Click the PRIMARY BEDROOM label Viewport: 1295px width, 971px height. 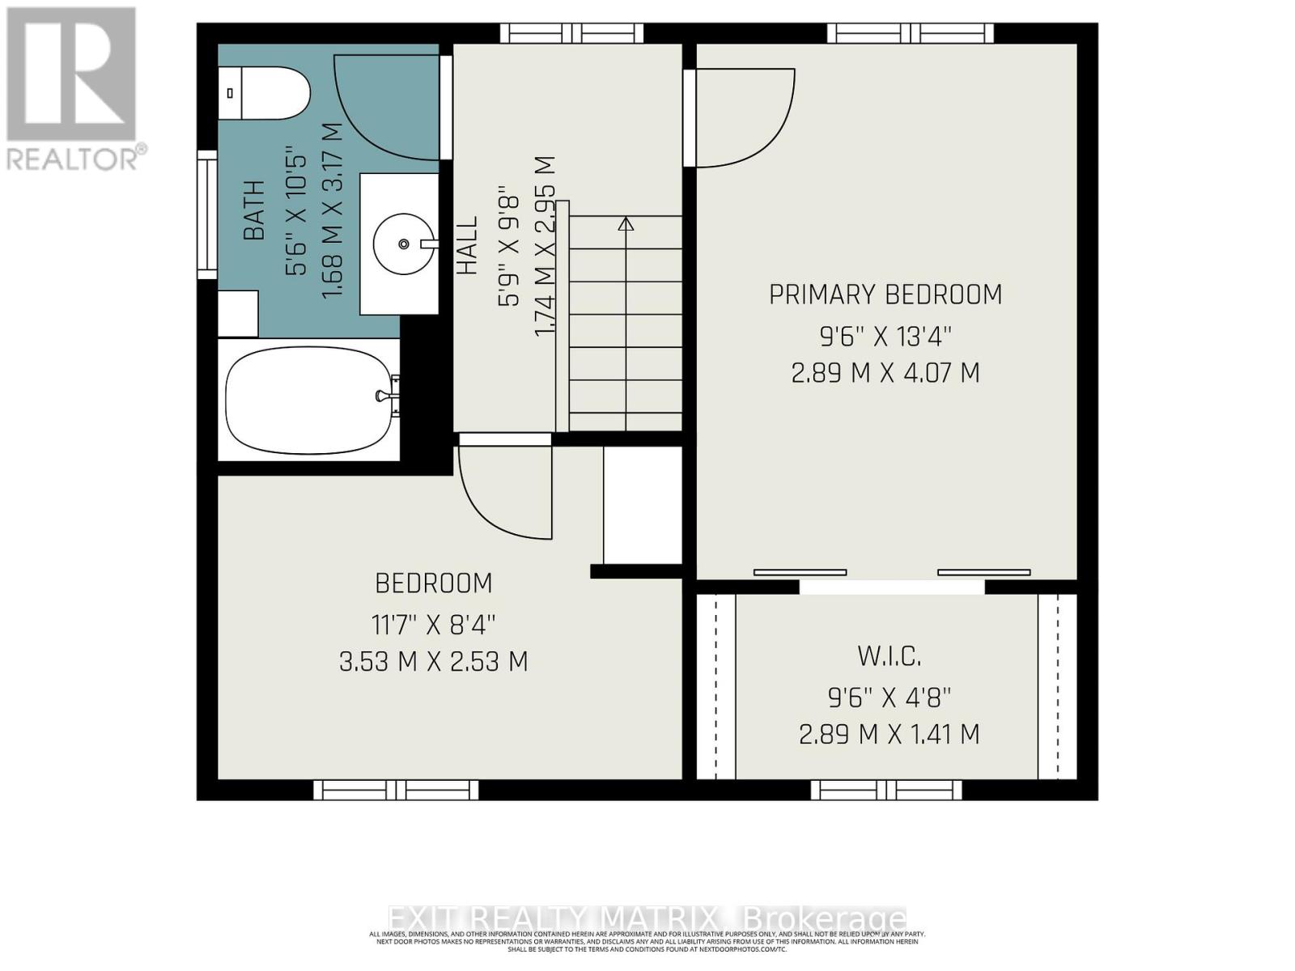[x=885, y=295]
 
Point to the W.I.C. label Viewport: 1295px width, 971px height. [x=889, y=655]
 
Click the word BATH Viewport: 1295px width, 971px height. [x=254, y=210]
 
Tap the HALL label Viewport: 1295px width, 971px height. [x=467, y=246]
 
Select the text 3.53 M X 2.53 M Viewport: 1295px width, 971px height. [x=434, y=662]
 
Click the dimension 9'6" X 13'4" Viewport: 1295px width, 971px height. [x=885, y=334]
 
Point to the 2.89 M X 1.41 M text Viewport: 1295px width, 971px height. [x=889, y=735]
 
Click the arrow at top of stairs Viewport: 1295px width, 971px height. [x=626, y=224]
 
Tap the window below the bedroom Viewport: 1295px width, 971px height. [x=396, y=790]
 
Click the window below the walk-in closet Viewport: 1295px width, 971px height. [x=886, y=790]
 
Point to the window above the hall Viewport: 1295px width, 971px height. [x=571, y=33]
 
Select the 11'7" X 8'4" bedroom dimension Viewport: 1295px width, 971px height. [x=434, y=624]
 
